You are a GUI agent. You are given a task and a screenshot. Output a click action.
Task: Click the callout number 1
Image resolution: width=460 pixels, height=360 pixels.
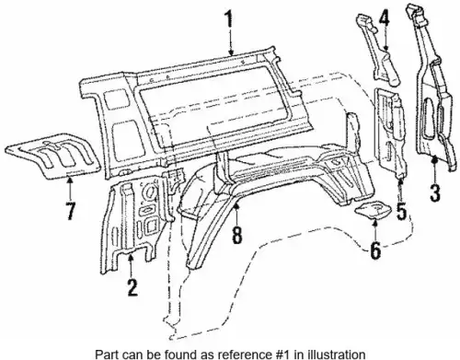[x=230, y=19]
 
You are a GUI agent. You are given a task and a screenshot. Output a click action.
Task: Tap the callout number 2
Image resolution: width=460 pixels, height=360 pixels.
[x=132, y=287]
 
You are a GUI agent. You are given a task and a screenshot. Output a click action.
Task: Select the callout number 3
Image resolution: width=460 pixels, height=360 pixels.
[x=435, y=192]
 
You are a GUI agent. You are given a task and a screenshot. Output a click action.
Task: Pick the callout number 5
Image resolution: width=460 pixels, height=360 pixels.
[x=401, y=210]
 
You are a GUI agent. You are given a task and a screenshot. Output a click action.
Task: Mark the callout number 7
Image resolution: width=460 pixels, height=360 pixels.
[x=70, y=210]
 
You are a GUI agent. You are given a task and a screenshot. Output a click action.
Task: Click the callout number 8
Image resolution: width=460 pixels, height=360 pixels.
[x=236, y=234]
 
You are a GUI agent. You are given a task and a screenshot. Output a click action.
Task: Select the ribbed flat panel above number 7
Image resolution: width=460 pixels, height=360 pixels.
[x=52, y=156]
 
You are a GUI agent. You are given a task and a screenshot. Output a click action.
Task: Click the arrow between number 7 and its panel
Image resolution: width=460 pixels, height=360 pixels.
[x=70, y=188]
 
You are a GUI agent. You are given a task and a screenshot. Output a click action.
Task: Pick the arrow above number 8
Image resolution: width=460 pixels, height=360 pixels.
[x=236, y=214]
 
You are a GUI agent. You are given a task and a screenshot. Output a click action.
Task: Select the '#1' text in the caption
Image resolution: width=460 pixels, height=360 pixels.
[x=286, y=354]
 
